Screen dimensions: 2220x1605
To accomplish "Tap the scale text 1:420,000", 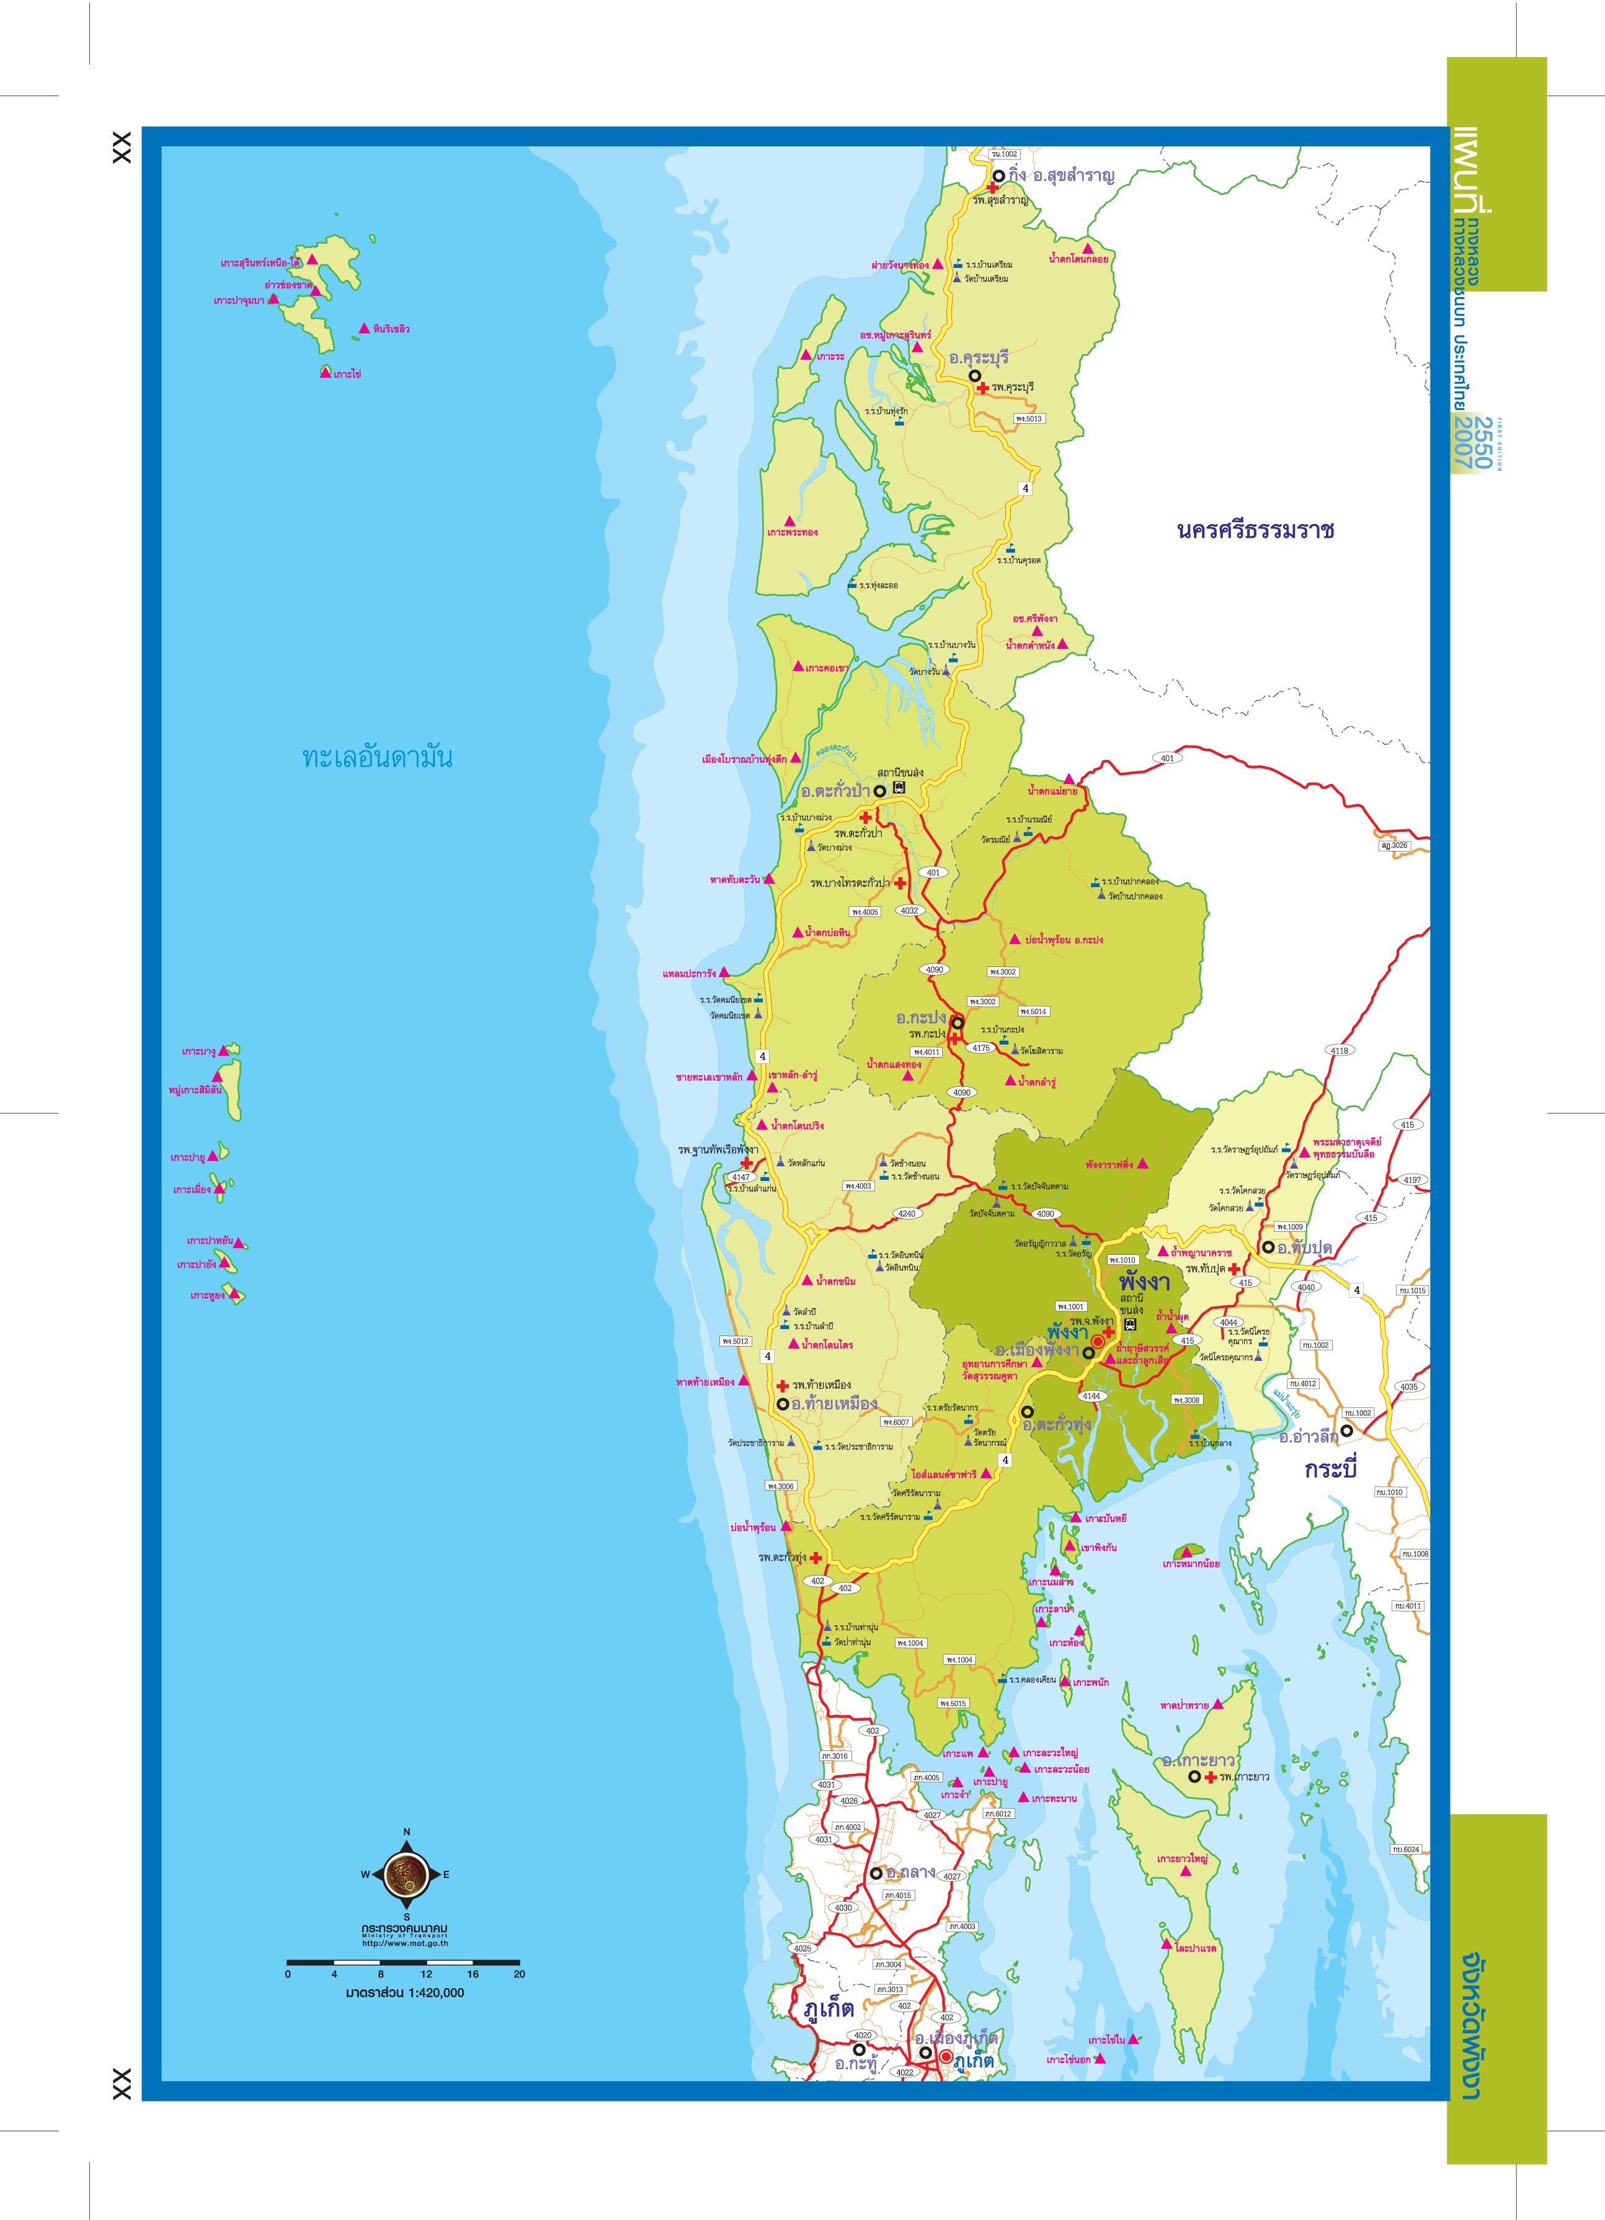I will click(x=404, y=1992).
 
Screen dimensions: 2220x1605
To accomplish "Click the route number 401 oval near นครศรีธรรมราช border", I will click(x=1167, y=759).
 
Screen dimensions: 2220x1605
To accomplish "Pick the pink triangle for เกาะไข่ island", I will click(x=326, y=372).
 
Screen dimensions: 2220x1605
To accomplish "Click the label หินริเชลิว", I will click(x=391, y=329).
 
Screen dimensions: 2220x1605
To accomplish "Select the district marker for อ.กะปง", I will click(x=957, y=1023).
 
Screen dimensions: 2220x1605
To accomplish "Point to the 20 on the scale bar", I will click(x=518, y=1974).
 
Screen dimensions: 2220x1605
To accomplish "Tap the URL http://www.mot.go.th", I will click(x=404, y=1944).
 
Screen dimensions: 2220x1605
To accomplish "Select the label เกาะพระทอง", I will click(x=792, y=532).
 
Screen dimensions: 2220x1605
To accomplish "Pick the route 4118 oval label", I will click(x=1339, y=1050).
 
